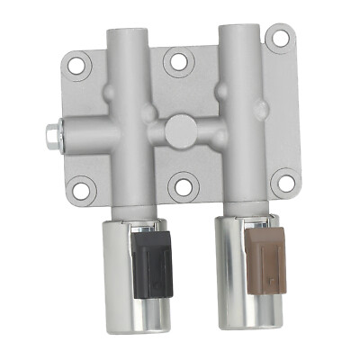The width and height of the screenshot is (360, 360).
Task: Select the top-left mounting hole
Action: (x=78, y=64)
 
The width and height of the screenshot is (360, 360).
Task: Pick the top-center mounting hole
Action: (x=179, y=61)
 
